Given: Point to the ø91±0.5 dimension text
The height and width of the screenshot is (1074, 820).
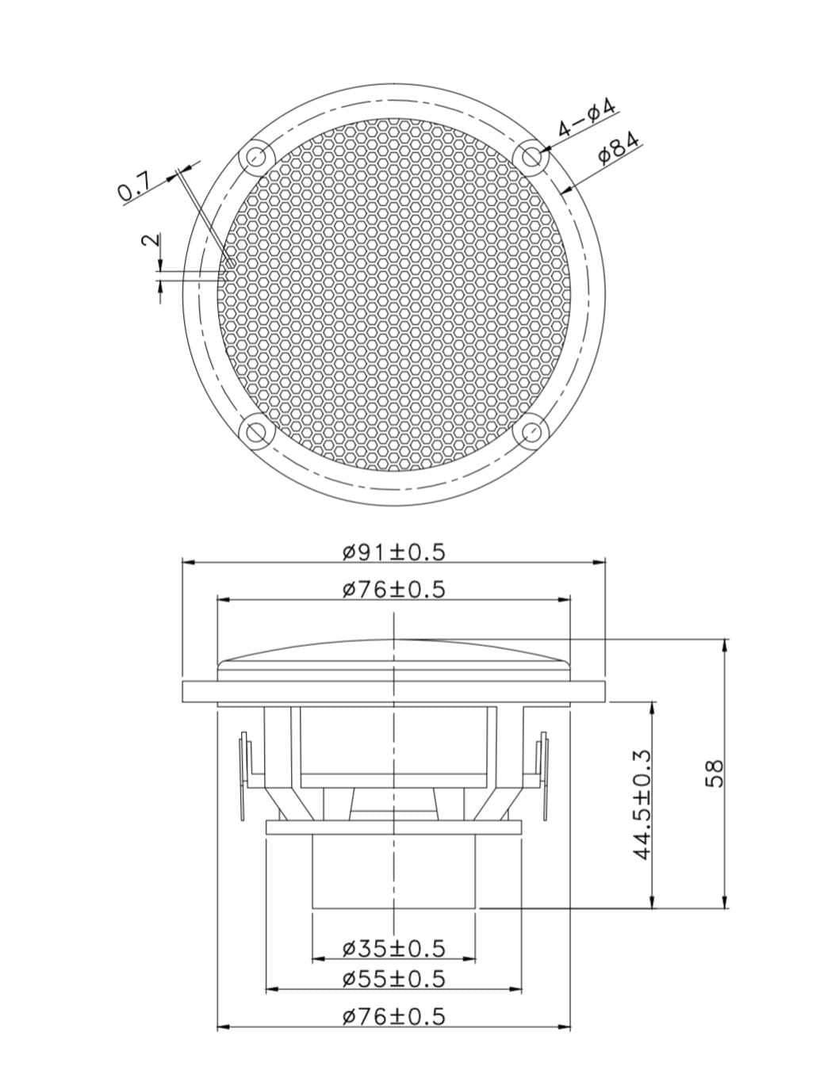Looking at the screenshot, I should coord(394,552).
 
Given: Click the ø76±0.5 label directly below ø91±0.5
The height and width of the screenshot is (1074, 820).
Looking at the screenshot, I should coord(394,589).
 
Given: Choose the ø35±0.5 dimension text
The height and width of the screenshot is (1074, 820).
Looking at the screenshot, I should coord(394,947).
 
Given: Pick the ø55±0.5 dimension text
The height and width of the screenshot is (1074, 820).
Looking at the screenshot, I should coord(394,979).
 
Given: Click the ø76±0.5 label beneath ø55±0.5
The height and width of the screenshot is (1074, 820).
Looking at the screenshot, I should coord(394,1015).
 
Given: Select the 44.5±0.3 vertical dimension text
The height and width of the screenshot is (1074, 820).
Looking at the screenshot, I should coord(642,805).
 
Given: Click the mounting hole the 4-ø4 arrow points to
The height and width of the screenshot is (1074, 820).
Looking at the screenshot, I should coord(532,156).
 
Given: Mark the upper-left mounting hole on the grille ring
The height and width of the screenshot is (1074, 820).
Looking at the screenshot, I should coord(255,156).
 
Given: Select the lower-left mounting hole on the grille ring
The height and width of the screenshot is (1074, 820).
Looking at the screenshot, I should coord(255,433).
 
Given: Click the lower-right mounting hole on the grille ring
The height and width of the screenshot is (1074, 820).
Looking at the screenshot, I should coord(532,433).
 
